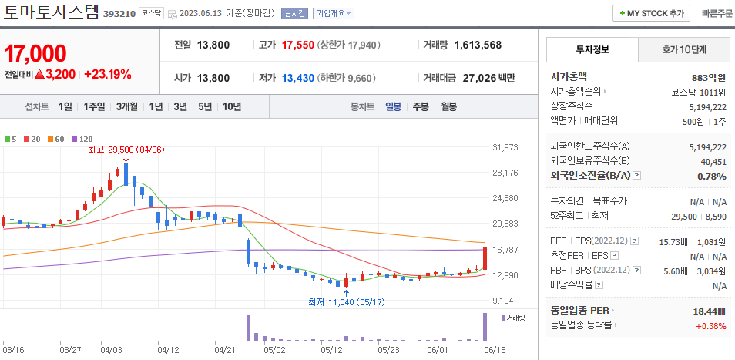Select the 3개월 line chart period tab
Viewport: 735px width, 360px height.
point(127,106)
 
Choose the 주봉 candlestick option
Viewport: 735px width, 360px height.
point(421,106)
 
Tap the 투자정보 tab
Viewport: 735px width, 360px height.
point(592,49)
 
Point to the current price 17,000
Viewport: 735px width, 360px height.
point(35,53)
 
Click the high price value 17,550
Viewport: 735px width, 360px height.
point(298,45)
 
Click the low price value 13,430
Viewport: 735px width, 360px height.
point(298,78)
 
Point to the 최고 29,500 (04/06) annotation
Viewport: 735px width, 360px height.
point(126,150)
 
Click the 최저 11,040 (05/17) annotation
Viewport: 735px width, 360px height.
point(345,301)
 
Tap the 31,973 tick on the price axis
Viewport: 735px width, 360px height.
point(505,147)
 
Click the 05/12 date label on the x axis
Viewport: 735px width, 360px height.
point(331,349)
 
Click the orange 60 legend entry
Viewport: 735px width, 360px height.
point(56,139)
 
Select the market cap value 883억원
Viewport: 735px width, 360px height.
point(709,77)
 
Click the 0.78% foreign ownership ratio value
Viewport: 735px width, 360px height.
point(711,176)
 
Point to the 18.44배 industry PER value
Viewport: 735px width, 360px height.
point(709,310)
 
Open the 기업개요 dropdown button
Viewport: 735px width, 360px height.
point(334,14)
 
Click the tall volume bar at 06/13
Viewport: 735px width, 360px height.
point(485,326)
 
